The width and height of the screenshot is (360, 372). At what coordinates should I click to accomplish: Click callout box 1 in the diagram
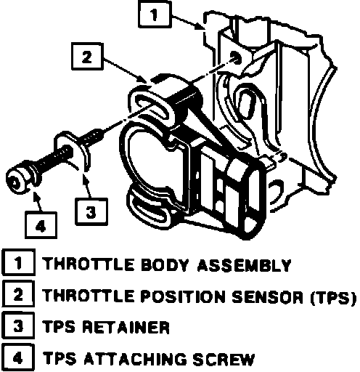155,14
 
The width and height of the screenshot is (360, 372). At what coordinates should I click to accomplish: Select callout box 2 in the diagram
87,57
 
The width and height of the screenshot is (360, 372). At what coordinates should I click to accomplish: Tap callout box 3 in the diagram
91,211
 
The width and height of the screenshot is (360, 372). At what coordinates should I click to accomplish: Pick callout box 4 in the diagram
41,225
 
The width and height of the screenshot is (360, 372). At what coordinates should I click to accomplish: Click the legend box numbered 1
19,262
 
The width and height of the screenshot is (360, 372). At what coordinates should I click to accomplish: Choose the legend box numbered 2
18,294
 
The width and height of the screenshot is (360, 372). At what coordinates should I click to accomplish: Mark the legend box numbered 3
18,325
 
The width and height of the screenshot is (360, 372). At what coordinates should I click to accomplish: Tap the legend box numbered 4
18,357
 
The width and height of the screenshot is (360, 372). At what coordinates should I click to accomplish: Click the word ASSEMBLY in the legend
244,265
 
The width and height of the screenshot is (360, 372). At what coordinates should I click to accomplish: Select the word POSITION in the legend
184,296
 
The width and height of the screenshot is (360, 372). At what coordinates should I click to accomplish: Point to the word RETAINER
126,327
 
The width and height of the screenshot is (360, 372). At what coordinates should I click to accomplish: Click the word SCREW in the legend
224,359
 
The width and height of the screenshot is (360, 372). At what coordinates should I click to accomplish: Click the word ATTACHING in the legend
136,359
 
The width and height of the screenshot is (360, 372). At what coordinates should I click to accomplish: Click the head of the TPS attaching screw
18,180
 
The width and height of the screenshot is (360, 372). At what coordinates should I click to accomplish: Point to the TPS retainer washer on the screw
71,151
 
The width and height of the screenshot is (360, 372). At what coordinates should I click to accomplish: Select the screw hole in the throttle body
236,58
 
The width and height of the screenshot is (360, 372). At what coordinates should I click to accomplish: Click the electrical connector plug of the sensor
245,196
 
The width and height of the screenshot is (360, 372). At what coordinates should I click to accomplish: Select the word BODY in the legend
165,265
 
